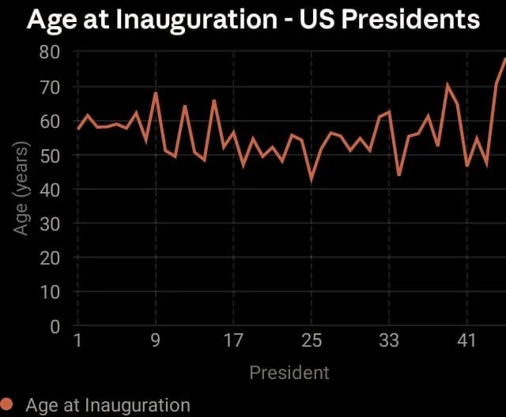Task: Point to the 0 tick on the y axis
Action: pos(55,326)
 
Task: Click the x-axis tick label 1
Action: pos(77,341)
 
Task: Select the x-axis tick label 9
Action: pos(156,341)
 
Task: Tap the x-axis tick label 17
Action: pos(233,341)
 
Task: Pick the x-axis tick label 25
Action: pos(312,341)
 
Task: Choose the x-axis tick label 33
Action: pos(389,341)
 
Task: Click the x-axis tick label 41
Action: pos(467,341)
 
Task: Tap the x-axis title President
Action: pos(289,372)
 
